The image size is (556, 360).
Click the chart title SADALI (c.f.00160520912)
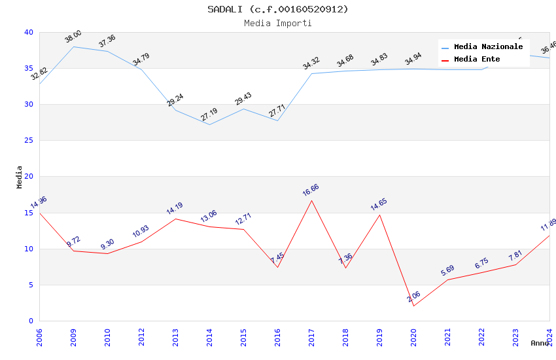pyautogui.click(x=278, y=9)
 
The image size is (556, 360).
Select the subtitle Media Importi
pyautogui.click(x=278, y=23)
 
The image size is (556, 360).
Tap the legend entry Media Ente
pyautogui.click(x=477, y=59)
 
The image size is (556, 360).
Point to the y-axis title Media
pyautogui.click(x=20, y=177)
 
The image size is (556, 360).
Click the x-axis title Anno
pyautogui.click(x=540, y=343)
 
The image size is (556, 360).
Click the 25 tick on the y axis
pyautogui.click(x=29, y=141)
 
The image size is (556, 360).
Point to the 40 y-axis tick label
pyautogui.click(x=29, y=32)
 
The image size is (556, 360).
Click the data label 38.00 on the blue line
pyautogui.click(x=73, y=36)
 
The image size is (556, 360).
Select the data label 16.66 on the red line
pyautogui.click(x=311, y=190)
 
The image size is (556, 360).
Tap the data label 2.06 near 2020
pyautogui.click(x=413, y=297)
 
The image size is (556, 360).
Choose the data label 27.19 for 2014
pyautogui.click(x=209, y=114)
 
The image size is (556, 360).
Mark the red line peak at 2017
pyautogui.click(x=311, y=200)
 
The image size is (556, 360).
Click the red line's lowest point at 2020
pyautogui.click(x=413, y=306)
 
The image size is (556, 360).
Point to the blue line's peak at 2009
pyautogui.click(x=73, y=46)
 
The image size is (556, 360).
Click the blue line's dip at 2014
pyautogui.click(x=209, y=124)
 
